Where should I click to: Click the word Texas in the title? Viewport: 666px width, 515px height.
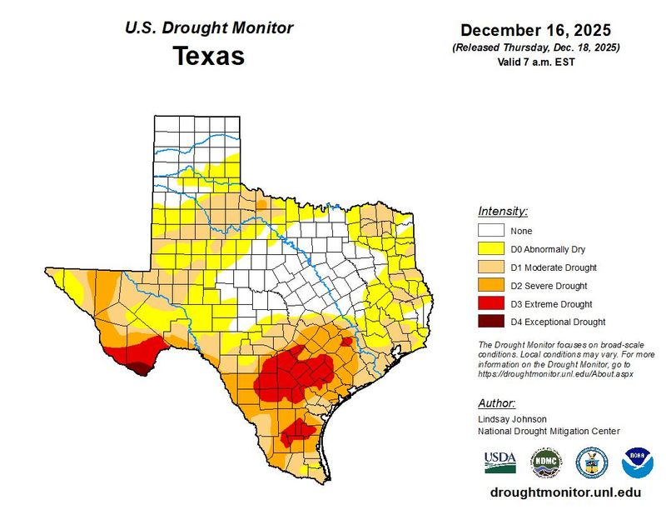click(x=209, y=56)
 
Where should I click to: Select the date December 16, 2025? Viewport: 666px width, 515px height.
click(x=535, y=30)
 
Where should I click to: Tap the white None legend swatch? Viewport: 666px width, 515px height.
click(x=491, y=230)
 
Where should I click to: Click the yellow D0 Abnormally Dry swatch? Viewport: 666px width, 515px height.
click(x=491, y=248)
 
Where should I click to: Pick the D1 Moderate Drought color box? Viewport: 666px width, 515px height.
click(x=491, y=267)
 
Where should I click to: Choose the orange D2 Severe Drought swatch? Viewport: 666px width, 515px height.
click(x=491, y=285)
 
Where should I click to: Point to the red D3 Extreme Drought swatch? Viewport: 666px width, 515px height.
click(x=491, y=303)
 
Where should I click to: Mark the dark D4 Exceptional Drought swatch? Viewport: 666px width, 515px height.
click(x=491, y=321)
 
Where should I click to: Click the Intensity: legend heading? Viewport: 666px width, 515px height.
click(x=503, y=211)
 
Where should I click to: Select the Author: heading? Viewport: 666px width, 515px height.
click(x=497, y=402)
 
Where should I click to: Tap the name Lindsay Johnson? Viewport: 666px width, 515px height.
click(x=512, y=419)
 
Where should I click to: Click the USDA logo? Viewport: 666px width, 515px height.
click(x=500, y=462)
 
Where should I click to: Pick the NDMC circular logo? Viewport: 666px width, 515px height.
click(x=547, y=462)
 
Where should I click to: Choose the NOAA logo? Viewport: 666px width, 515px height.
click(x=638, y=462)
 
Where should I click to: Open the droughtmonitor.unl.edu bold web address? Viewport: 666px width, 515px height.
click(x=565, y=492)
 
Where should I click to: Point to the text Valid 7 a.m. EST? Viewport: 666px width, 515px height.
click(x=536, y=62)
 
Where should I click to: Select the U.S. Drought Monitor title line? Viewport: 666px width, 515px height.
click(x=209, y=28)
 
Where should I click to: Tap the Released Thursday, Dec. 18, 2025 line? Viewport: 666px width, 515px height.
click(x=536, y=47)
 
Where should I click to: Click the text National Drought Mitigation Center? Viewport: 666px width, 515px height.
click(x=549, y=431)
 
